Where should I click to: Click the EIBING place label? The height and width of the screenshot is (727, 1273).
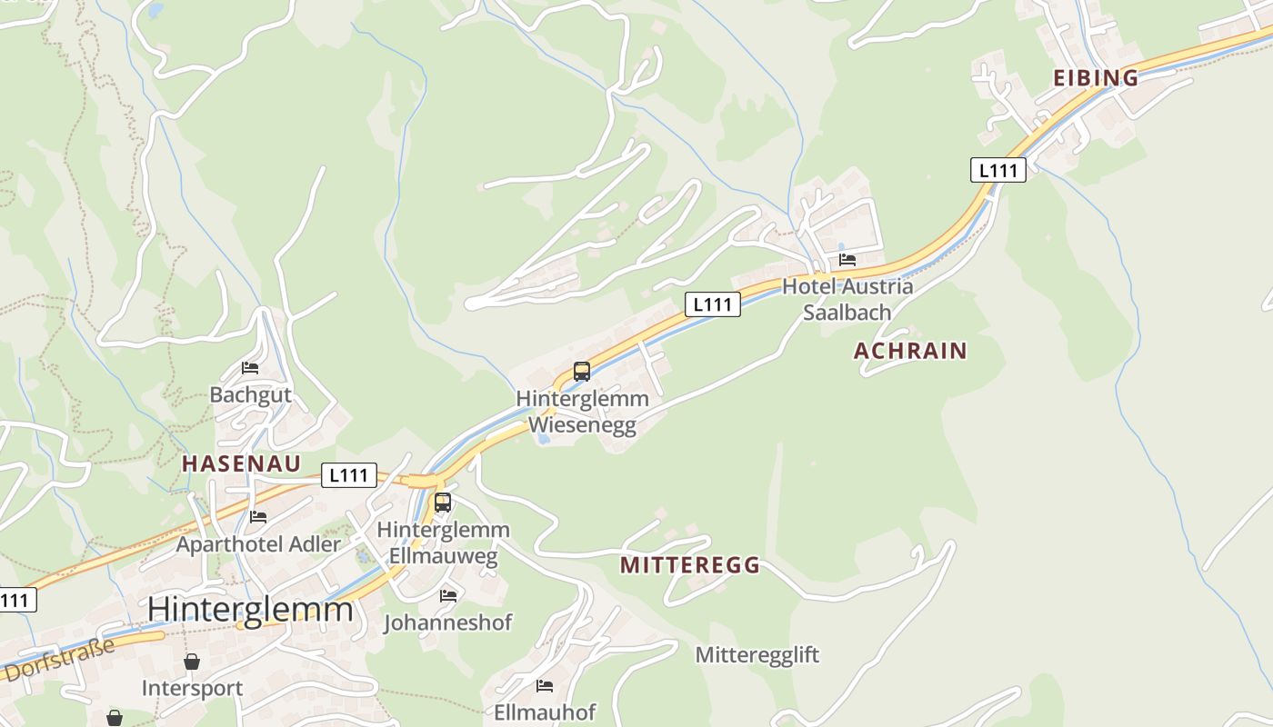click(1095, 78)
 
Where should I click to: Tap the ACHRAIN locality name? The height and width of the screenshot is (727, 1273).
click(910, 351)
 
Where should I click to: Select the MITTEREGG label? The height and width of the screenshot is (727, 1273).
click(689, 565)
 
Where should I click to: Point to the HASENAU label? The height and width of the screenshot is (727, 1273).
click(241, 463)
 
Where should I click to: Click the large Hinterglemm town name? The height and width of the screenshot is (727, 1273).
click(250, 609)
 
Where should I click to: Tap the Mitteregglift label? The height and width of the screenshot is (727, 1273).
click(757, 654)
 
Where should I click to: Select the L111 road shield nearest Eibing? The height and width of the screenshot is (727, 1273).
click(997, 170)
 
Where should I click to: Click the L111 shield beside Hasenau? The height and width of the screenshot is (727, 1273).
click(348, 475)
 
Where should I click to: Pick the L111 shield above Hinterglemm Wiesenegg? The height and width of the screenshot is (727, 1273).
click(712, 305)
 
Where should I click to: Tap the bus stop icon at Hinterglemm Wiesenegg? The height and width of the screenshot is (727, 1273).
click(582, 372)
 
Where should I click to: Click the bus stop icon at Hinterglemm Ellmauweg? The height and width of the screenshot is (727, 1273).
click(443, 503)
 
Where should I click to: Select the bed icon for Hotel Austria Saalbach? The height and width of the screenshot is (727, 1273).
click(847, 260)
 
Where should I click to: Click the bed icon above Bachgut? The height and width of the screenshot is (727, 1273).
click(250, 368)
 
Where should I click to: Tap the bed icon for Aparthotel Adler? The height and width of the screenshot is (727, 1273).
click(258, 517)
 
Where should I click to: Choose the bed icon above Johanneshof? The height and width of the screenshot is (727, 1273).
click(448, 596)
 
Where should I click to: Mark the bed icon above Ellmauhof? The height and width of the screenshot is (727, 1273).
click(545, 685)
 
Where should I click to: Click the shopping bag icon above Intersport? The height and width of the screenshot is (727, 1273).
click(192, 662)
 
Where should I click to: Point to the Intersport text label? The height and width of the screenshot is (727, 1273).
click(192, 688)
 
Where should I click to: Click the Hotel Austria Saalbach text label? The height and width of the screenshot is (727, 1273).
click(847, 299)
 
